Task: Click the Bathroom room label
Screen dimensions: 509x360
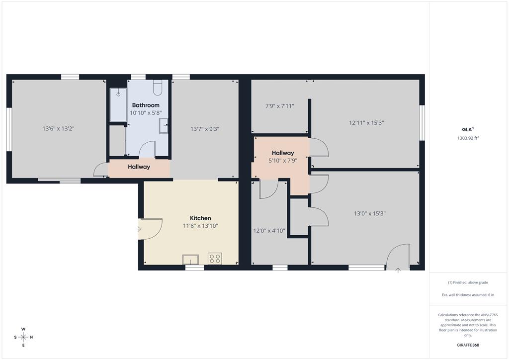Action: point(146,105)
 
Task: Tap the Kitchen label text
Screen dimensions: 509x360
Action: point(200,218)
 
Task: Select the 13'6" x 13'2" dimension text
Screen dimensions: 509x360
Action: point(59,129)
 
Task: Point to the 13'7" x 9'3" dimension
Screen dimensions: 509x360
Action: point(205,129)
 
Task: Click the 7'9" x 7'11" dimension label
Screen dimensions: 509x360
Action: point(280,106)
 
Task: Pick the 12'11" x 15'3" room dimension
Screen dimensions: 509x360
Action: point(366,123)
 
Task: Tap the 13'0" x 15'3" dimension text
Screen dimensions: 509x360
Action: point(370,214)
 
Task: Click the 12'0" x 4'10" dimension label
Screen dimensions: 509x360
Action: point(269,231)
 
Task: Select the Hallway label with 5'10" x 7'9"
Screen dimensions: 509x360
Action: point(283,153)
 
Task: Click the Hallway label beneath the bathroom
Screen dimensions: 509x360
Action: point(139,167)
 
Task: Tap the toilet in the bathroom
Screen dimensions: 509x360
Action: point(158,88)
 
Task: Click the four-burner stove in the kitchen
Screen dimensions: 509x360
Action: point(215,259)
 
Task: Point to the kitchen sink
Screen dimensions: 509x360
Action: point(190,260)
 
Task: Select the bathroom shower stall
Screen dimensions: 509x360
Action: point(118,104)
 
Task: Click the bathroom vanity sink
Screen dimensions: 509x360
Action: point(164,126)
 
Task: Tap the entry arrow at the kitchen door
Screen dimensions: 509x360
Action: point(138,229)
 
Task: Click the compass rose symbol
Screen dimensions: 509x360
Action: point(23,337)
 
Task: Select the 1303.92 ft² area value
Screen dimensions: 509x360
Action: point(468,138)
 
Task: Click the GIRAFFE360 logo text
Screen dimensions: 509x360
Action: point(468,345)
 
